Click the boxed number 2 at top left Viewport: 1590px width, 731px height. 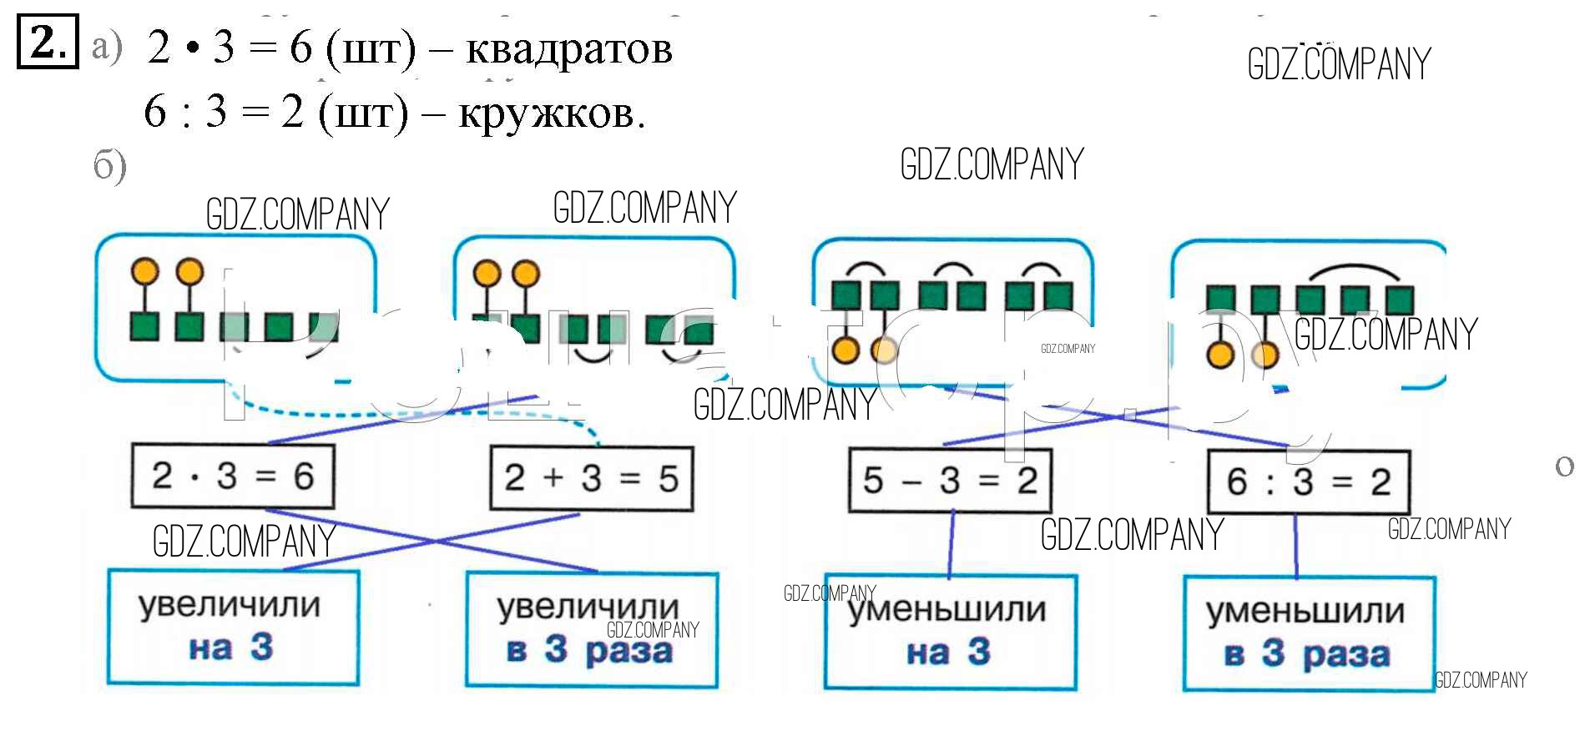point(48,42)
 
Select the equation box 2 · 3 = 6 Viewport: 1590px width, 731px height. point(233,476)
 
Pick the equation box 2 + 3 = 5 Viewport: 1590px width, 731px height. point(591,479)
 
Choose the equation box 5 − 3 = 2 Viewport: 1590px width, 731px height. point(950,481)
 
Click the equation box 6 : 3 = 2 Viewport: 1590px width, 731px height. point(1308,482)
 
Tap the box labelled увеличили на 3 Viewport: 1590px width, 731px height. point(233,627)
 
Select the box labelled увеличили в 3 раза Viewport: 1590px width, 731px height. point(591,630)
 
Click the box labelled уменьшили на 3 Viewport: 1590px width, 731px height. point(950,632)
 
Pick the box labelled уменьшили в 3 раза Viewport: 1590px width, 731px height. point(1308,634)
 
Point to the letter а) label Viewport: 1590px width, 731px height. point(107,47)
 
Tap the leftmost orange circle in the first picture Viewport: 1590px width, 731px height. point(145,271)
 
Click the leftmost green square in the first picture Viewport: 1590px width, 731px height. point(145,326)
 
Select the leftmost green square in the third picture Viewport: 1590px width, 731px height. point(846,295)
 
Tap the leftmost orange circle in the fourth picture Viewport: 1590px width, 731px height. point(1220,355)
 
